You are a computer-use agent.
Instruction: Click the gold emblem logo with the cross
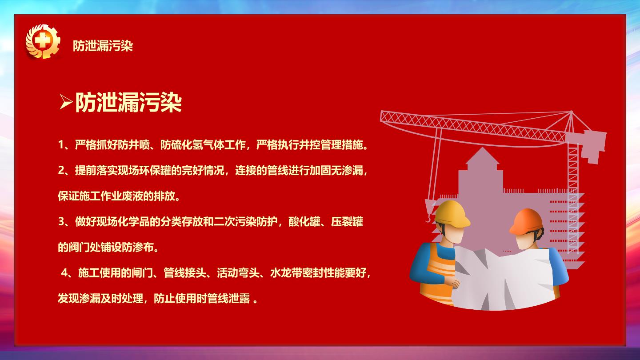[x=43, y=42]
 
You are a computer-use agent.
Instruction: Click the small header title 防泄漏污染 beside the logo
[x=103, y=46]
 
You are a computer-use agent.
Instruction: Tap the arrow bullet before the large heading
[x=66, y=102]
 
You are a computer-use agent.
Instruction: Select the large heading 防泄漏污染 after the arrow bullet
[x=128, y=102]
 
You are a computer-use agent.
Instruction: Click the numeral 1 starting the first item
[x=61, y=145]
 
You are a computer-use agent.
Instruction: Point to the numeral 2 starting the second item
[x=61, y=171]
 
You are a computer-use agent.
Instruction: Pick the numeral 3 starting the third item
[x=61, y=222]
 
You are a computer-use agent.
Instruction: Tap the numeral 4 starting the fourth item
[x=64, y=273]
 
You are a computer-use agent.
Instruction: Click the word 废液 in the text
[x=133, y=196]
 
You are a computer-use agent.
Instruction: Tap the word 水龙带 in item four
[x=286, y=273]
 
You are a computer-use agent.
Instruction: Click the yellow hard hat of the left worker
[x=452, y=214]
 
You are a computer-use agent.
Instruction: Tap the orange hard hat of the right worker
[x=526, y=222]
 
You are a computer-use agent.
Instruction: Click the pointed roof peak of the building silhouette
[x=482, y=148]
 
